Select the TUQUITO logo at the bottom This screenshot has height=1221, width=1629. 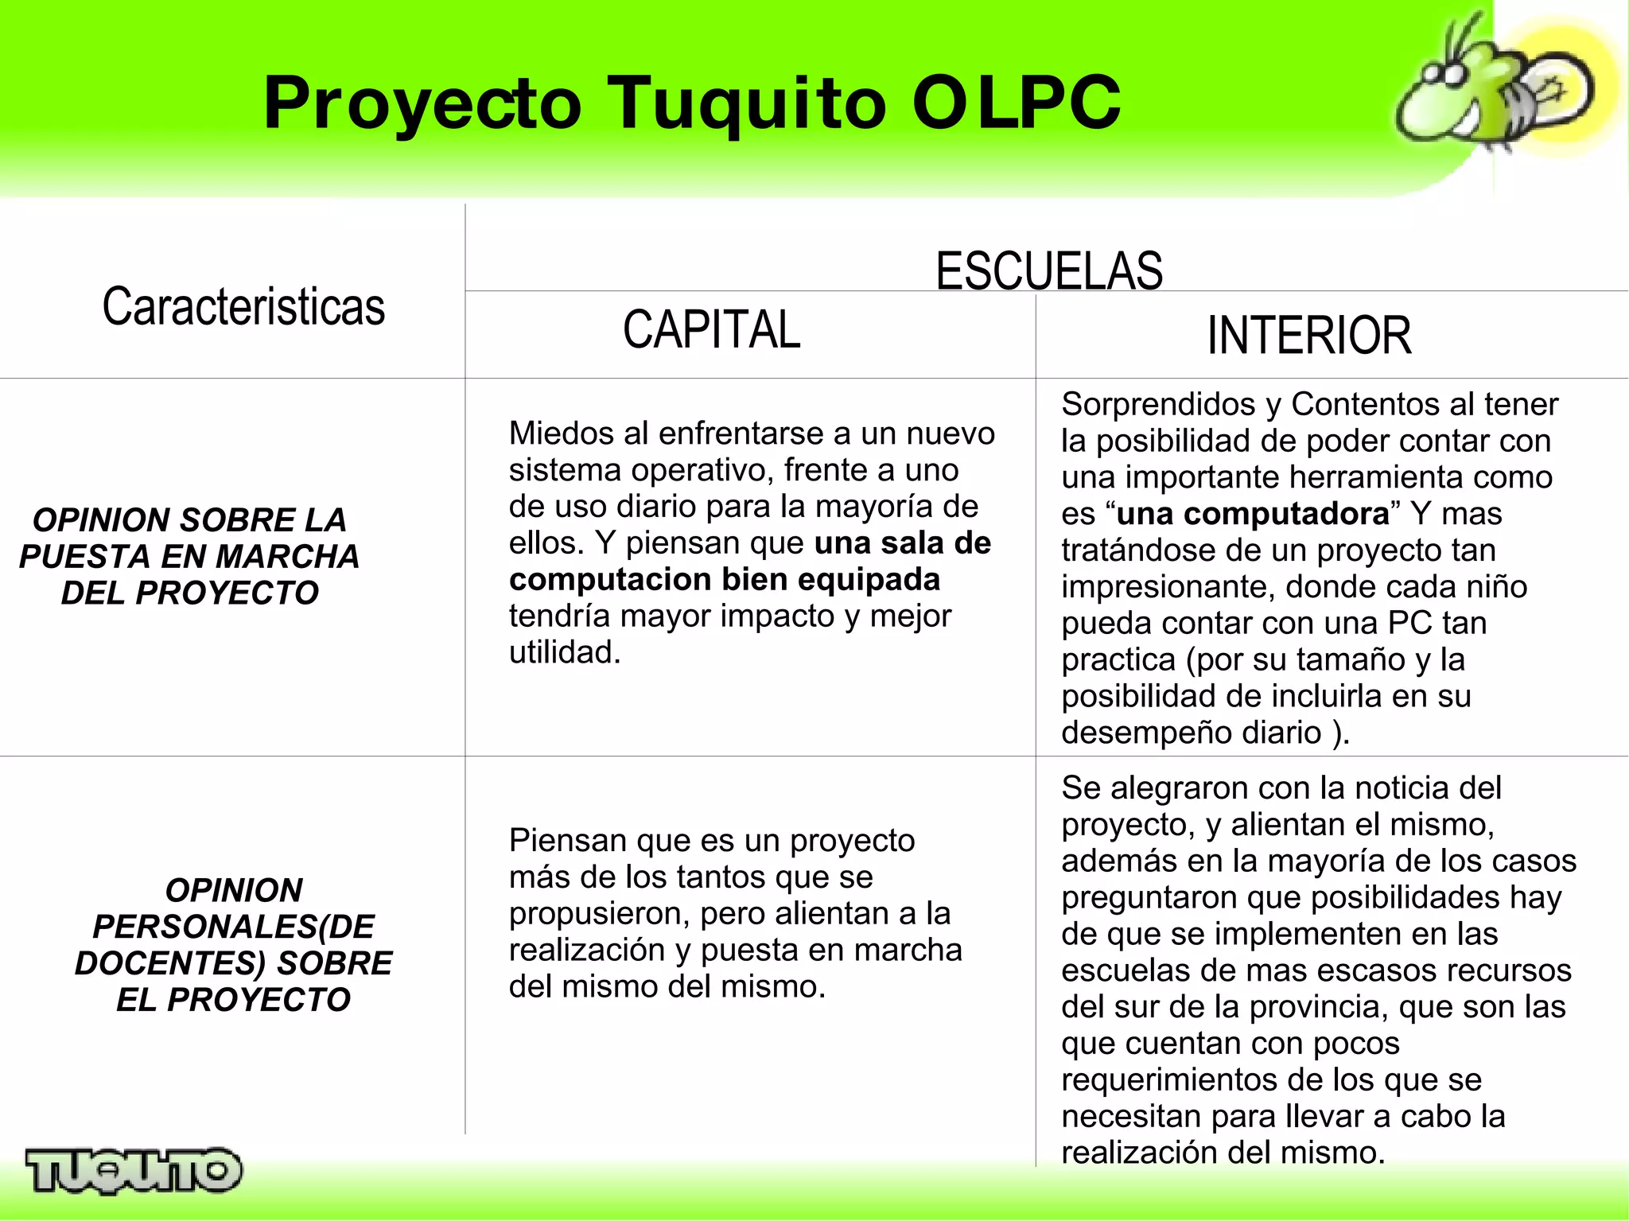133,1169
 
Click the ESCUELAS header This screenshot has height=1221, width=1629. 1048,270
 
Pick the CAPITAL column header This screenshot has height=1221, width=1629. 711,329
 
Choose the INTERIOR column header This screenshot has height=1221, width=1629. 1308,335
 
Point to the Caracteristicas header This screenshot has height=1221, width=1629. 243,307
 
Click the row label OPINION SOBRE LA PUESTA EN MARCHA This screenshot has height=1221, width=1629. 189,556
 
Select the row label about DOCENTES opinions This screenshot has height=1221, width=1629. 233,944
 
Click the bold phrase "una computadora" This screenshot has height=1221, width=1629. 1252,514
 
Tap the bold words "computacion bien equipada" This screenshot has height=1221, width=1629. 724,579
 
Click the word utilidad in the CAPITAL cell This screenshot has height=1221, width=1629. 563,652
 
